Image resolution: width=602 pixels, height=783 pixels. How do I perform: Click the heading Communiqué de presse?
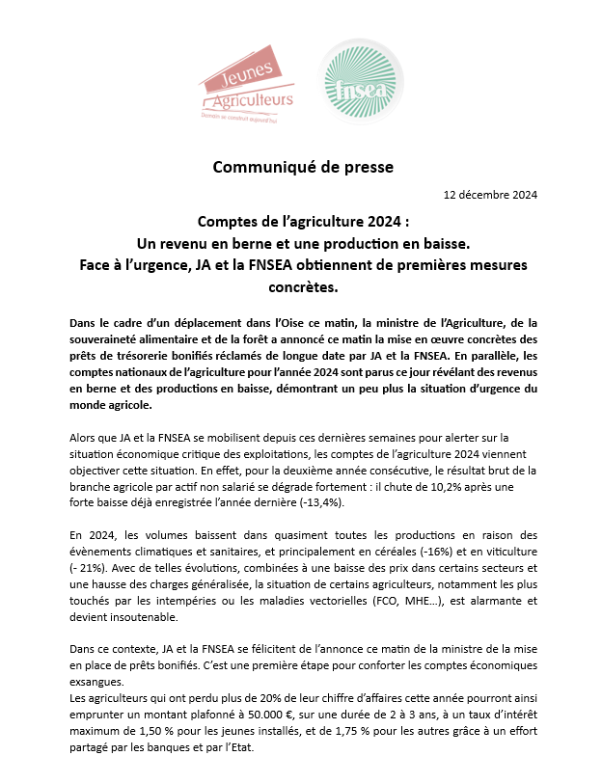303,167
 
